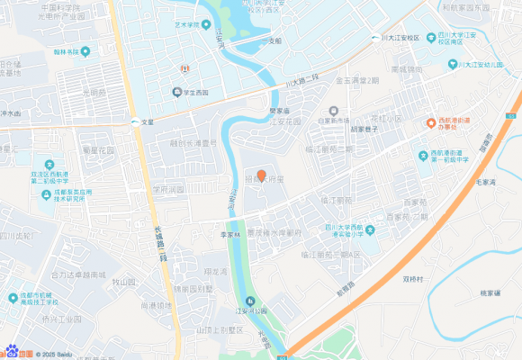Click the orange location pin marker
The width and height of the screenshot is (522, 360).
click(x=261, y=175)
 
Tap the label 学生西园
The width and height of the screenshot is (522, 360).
click(x=194, y=92)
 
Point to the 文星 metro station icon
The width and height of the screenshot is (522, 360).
click(x=134, y=121)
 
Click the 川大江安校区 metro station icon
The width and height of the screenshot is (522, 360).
click(x=375, y=38)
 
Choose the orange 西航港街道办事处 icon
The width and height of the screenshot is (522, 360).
click(x=431, y=121)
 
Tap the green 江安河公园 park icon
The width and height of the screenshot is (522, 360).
click(x=252, y=301)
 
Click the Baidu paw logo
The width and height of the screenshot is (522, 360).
click(x=13, y=352)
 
